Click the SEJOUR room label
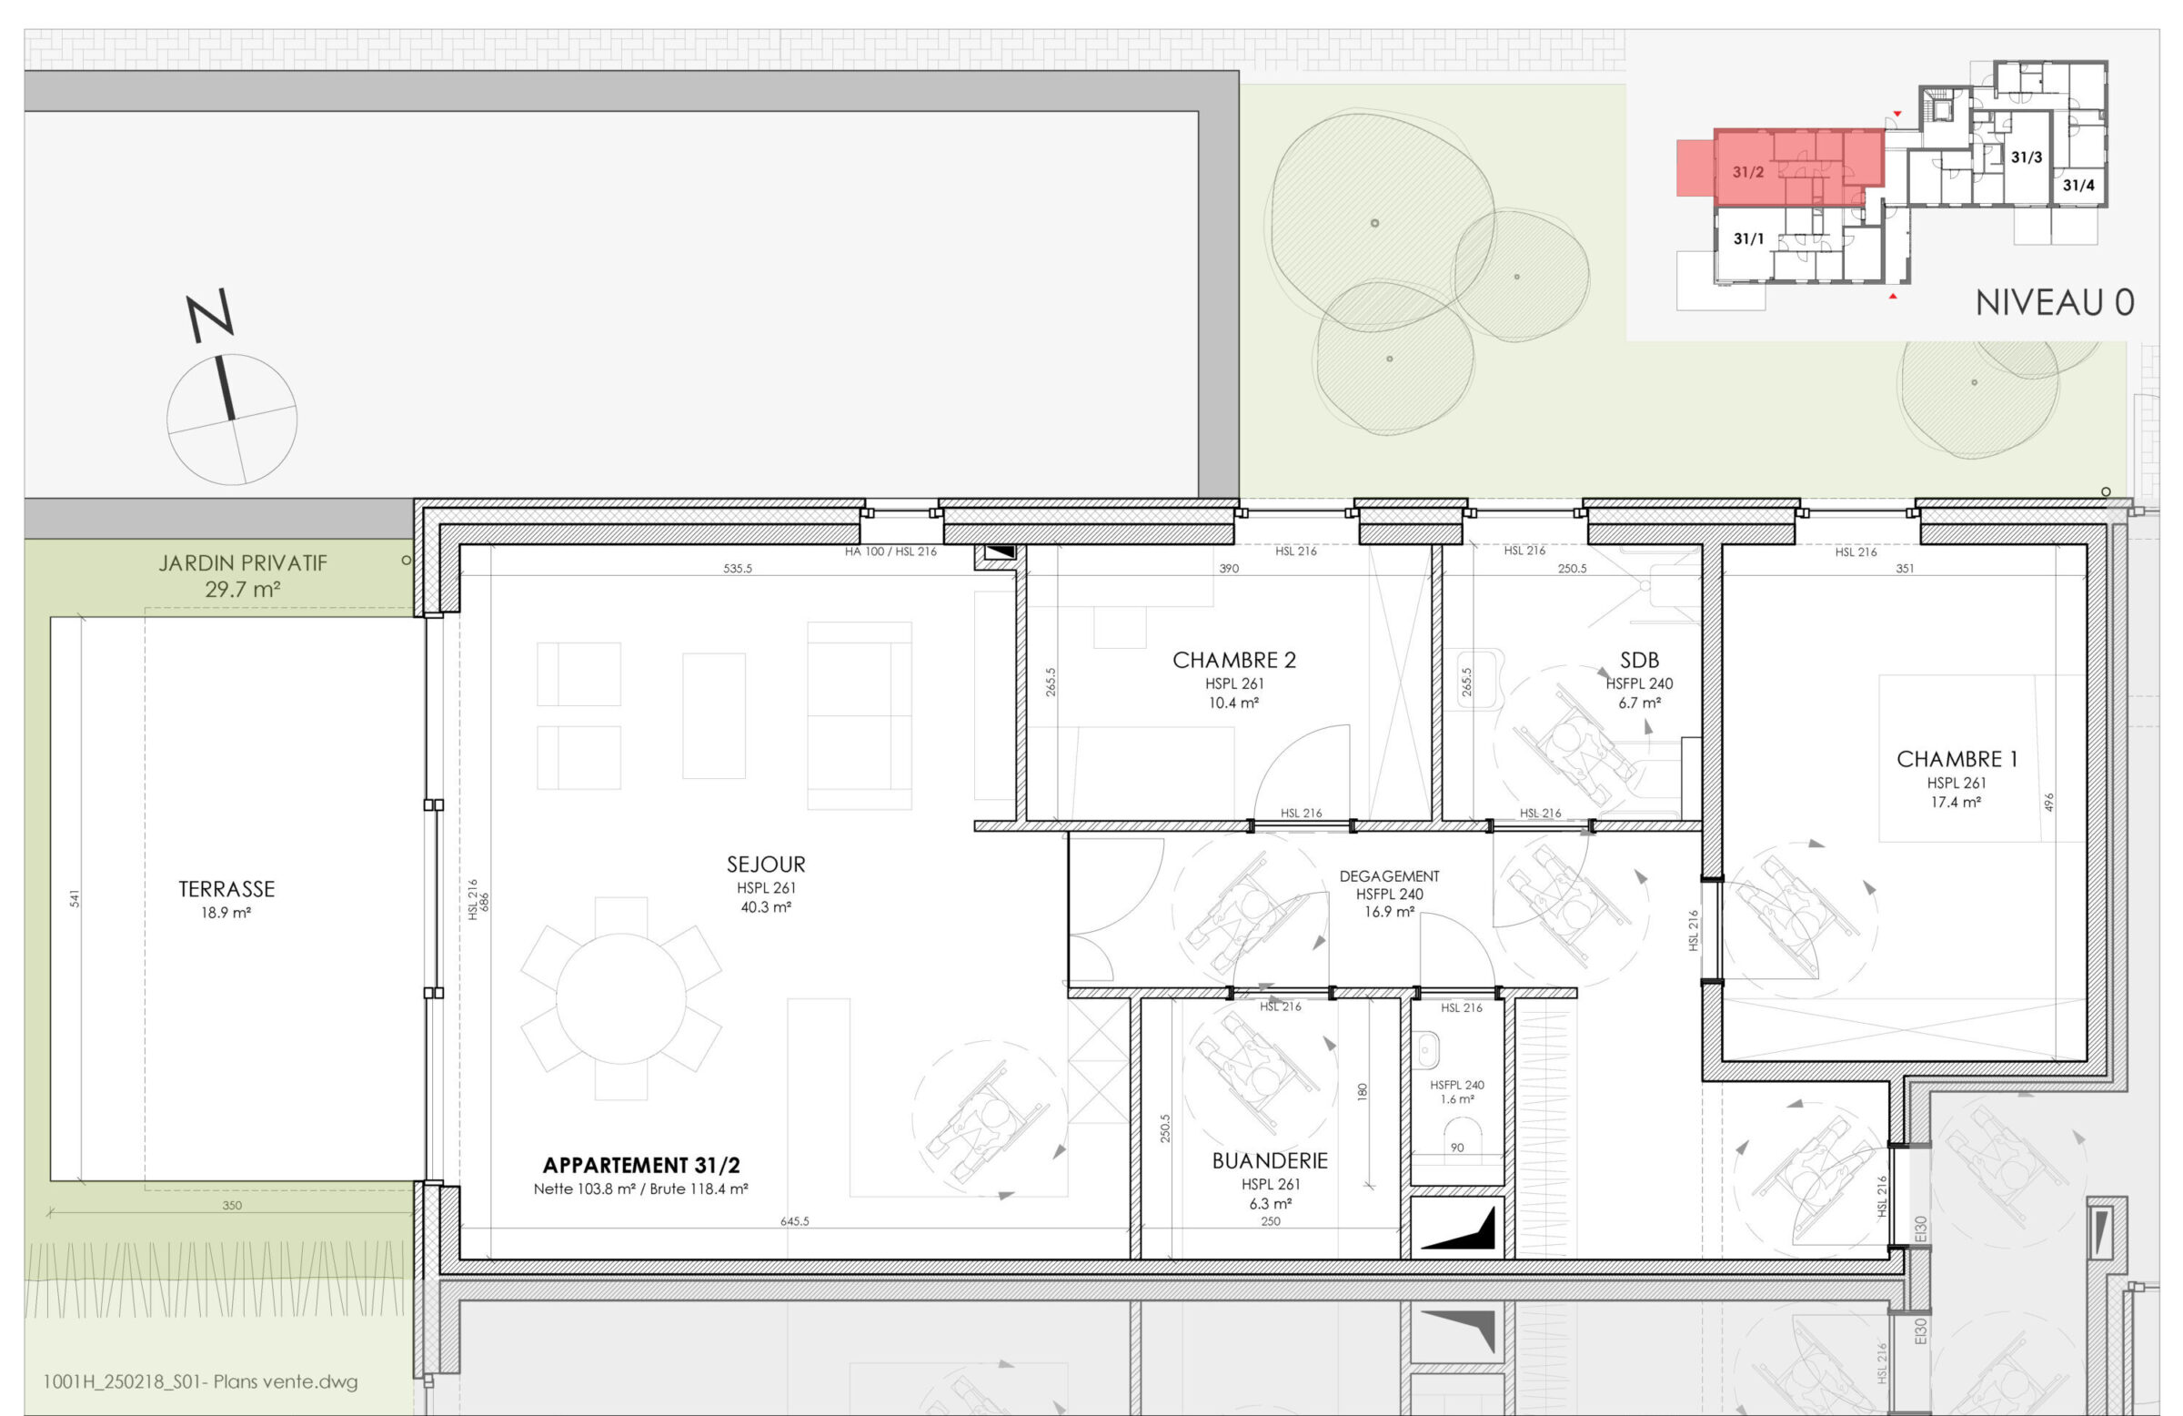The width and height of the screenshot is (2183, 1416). click(766, 865)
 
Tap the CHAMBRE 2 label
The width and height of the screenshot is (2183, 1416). click(1233, 660)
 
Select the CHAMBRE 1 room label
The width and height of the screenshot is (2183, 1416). click(1957, 759)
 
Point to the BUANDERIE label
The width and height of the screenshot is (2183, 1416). click(1270, 1161)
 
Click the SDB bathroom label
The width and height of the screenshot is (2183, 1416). click(1639, 660)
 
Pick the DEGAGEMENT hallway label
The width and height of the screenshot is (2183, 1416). click(1389, 876)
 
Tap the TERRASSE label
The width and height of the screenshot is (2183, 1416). click(226, 889)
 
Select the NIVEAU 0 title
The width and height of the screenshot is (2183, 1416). click(2055, 303)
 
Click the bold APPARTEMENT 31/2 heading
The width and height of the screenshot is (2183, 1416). click(641, 1166)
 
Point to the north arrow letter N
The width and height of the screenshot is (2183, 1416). click(210, 315)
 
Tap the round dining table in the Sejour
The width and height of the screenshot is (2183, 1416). click(621, 998)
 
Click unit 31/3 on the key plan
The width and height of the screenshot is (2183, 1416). click(2027, 157)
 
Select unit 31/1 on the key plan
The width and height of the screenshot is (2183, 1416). click(1748, 238)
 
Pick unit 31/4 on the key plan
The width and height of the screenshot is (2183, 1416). click(2078, 185)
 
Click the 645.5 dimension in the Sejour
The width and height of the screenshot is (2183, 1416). click(794, 1221)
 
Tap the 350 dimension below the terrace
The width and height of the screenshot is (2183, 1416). click(232, 1205)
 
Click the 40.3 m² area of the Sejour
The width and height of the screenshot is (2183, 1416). click(766, 906)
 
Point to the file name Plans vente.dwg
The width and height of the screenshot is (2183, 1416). click(201, 1381)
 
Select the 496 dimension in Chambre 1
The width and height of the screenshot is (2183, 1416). click(2049, 802)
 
